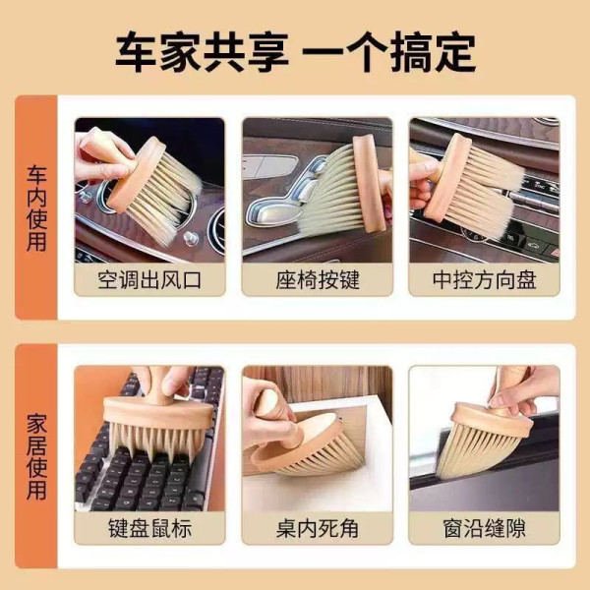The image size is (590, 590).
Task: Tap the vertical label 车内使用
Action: click(36, 207)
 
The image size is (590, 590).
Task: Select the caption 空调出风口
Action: click(149, 280)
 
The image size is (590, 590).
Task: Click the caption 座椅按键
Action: click(317, 280)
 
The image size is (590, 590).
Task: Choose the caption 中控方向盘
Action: click(484, 280)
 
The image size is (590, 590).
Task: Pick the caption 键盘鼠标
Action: click(149, 529)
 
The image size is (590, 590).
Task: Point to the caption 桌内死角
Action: click(317, 529)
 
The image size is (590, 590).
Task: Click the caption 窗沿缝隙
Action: click(484, 529)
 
